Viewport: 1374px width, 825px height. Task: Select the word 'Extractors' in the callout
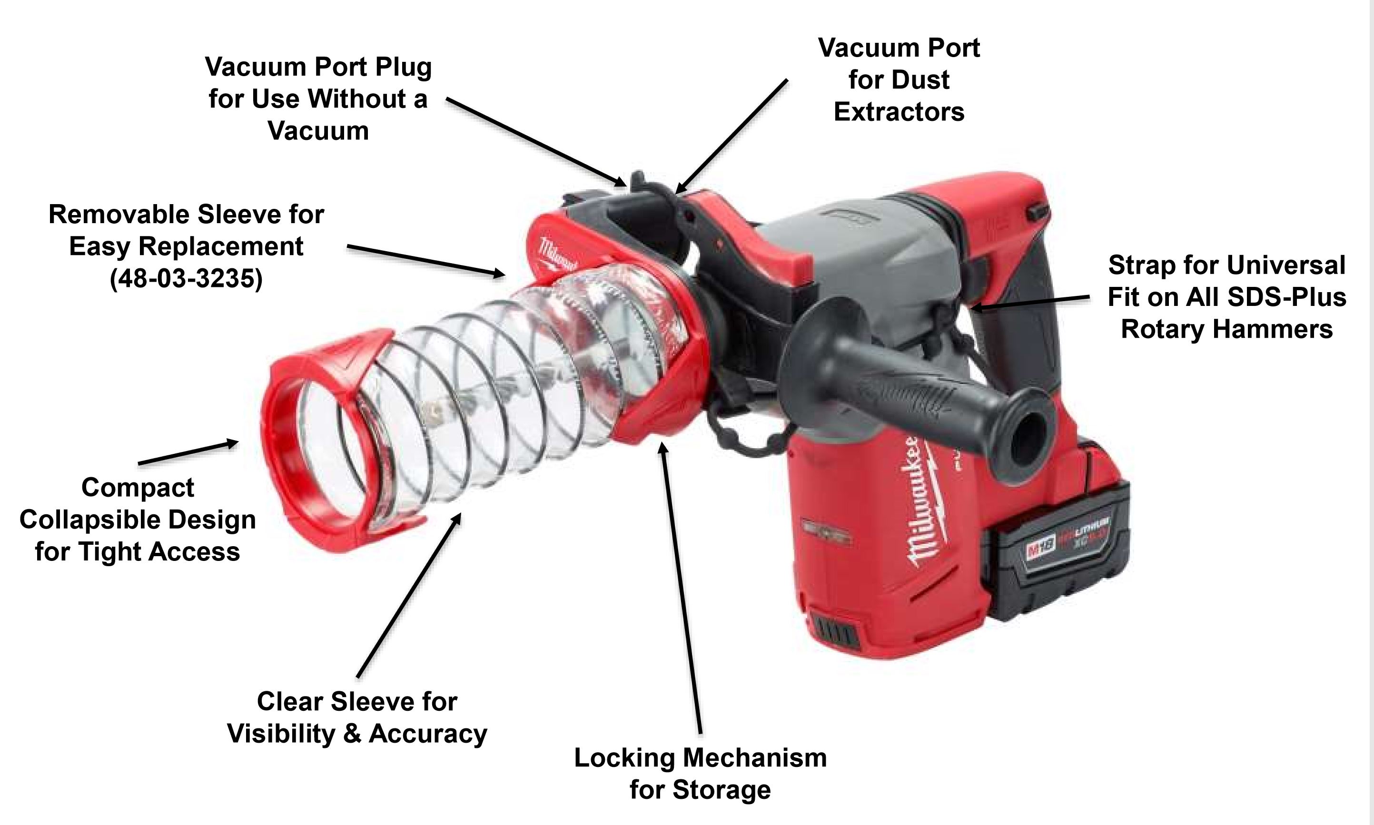(899, 112)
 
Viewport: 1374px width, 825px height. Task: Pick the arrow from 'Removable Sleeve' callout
(426, 260)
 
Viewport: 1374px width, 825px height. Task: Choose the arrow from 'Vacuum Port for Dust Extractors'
(731, 136)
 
